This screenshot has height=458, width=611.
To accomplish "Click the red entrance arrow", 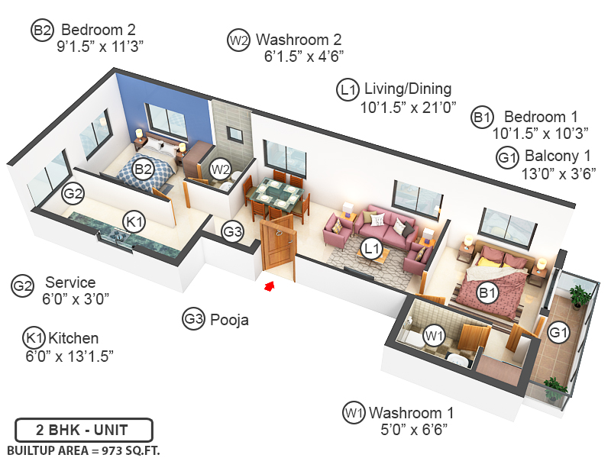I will point(269,286).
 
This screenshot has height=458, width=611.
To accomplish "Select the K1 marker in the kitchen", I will point(135,222).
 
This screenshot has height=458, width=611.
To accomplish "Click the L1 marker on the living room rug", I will point(373,248).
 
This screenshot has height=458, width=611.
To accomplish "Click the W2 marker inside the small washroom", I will point(221,169).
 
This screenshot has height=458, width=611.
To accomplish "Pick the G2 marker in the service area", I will point(73,194).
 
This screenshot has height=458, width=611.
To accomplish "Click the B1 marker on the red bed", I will point(487,292).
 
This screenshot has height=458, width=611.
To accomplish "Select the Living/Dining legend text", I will point(407,89).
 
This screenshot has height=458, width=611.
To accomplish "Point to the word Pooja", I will point(229,319).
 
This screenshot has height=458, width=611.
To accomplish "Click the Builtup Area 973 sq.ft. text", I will point(84,449).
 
